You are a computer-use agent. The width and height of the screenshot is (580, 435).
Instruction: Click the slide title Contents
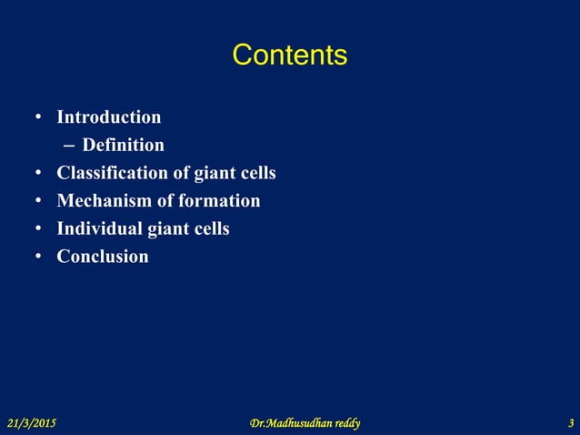289,56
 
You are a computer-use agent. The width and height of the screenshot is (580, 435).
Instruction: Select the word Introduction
109,117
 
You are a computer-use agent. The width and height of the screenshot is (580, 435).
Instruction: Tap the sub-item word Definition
123,146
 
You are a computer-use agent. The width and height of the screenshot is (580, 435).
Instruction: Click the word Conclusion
103,257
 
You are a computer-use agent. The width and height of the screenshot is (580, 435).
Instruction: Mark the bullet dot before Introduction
38,118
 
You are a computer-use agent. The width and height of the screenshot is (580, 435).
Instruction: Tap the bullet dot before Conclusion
38,258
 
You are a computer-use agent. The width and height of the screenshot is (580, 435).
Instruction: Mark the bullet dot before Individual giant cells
38,229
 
